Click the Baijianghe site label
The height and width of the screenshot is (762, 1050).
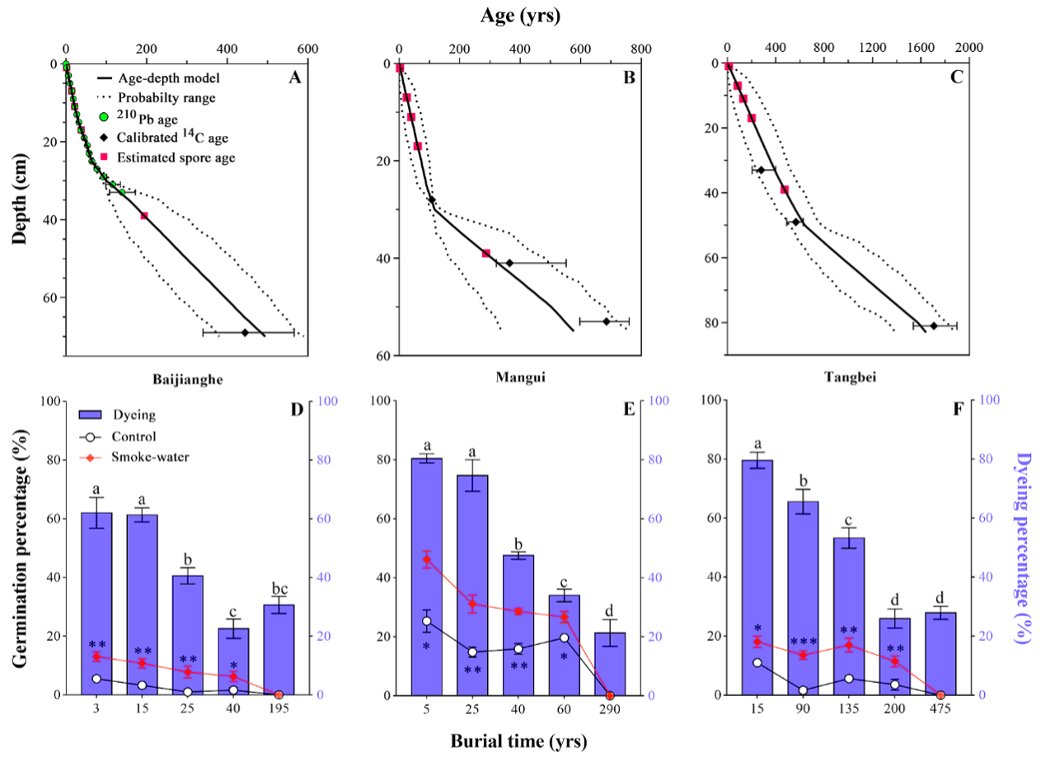[189, 380]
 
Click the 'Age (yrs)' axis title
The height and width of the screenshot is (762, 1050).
[518, 16]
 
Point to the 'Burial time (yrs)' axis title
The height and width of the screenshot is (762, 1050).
[518, 741]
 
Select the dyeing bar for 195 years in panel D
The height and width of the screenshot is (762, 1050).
[279, 650]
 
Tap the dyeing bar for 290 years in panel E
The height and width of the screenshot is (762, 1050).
[610, 664]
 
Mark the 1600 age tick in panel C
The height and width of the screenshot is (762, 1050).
[920, 48]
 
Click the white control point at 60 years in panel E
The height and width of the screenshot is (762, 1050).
[564, 637]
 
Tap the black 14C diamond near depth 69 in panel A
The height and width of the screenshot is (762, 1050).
[245, 332]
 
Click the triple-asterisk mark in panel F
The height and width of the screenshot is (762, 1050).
[804, 642]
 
